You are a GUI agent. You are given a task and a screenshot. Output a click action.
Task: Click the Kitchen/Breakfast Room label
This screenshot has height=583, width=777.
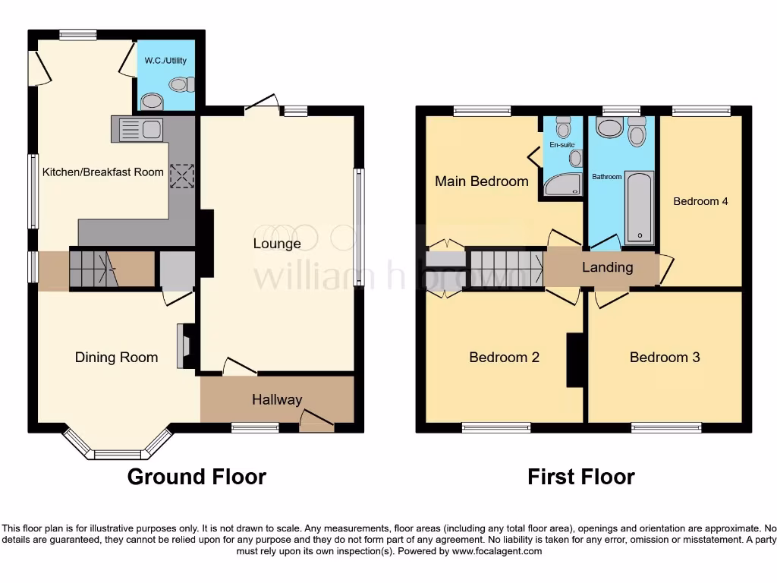(102, 172)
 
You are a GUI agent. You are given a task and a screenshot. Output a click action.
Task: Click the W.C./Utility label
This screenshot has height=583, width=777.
(165, 61)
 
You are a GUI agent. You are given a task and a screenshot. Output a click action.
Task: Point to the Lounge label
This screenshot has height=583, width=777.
(277, 244)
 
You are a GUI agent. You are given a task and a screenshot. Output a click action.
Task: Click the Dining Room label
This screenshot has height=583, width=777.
(116, 358)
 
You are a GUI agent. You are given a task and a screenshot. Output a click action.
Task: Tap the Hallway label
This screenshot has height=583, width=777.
(277, 399)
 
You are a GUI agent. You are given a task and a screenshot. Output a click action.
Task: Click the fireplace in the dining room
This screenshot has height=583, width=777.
(182, 347)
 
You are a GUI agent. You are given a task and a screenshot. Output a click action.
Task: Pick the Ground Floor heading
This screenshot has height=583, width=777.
(197, 477)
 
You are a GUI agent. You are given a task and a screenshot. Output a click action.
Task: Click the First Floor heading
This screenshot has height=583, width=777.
(581, 477)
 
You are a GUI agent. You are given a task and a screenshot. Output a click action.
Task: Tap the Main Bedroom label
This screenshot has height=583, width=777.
(481, 181)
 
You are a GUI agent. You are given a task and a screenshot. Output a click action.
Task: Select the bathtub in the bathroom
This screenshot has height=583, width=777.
(639, 207)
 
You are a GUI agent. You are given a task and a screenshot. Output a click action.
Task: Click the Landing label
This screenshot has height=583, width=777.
(607, 267)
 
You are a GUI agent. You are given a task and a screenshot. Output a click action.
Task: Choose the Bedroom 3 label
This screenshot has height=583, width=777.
(665, 358)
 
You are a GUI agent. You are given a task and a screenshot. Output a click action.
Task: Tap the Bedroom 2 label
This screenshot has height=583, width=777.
(504, 358)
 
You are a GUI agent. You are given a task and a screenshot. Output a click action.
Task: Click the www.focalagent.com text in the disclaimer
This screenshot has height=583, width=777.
(497, 551)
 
